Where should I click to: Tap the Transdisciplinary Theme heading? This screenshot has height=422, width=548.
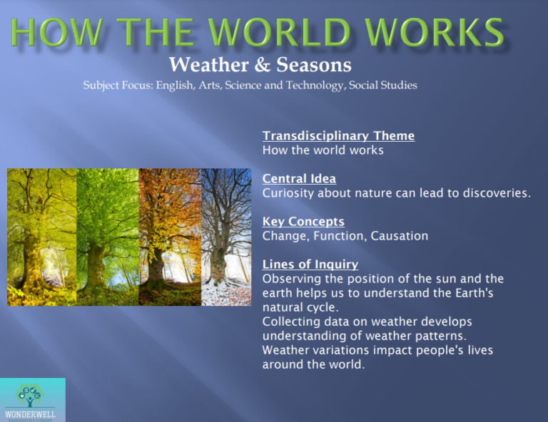[x=338, y=135]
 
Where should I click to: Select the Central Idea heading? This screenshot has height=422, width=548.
[x=299, y=178]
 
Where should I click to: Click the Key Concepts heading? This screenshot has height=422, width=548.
[x=303, y=221]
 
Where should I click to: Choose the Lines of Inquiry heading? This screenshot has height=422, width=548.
[x=310, y=264]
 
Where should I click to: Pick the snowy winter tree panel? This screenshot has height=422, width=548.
[x=226, y=237]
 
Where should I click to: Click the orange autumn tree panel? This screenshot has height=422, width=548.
[x=170, y=237]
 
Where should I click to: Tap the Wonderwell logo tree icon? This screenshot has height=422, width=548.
[x=31, y=393]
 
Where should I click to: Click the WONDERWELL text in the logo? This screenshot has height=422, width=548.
[x=31, y=414]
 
